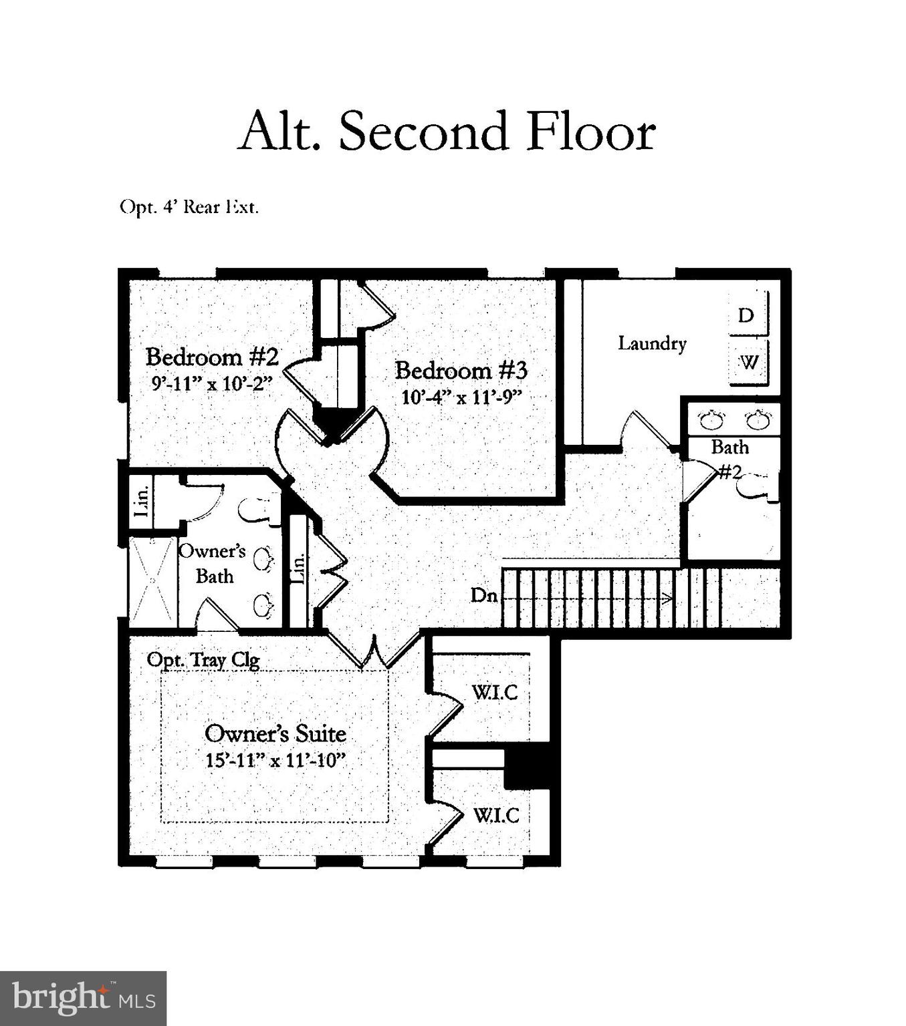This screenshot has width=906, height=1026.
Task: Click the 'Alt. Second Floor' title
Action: pyautogui.click(x=446, y=131)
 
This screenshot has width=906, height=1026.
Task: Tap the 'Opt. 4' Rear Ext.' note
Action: pyautogui.click(x=189, y=207)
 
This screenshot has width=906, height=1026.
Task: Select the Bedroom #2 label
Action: pyautogui.click(x=211, y=357)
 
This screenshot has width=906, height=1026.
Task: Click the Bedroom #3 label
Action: pyautogui.click(x=461, y=369)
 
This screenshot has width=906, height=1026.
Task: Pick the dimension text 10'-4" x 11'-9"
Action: pyautogui.click(x=461, y=397)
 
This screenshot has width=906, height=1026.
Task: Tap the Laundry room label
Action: pyautogui.click(x=652, y=343)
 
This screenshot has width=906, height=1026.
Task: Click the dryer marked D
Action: pyautogui.click(x=746, y=315)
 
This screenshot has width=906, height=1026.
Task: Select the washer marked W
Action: pyautogui.click(x=749, y=362)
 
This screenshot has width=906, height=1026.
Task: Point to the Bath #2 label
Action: pyautogui.click(x=729, y=458)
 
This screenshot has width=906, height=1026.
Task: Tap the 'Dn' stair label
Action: pyautogui.click(x=484, y=595)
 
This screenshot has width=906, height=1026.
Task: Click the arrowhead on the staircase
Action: pyautogui.click(x=667, y=598)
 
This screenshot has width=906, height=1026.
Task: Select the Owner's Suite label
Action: pyautogui.click(x=275, y=733)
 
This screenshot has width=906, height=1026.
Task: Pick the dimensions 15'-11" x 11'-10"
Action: pyautogui.click(x=275, y=760)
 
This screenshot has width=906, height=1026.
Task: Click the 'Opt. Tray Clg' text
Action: pyautogui.click(x=203, y=660)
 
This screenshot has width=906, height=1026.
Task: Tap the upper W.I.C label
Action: pyautogui.click(x=495, y=692)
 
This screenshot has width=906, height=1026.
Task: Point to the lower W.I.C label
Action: pyautogui.click(x=496, y=815)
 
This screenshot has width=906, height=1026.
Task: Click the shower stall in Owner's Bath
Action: pyautogui.click(x=153, y=581)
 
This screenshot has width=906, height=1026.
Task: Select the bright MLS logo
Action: pyautogui.click(x=83, y=999)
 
